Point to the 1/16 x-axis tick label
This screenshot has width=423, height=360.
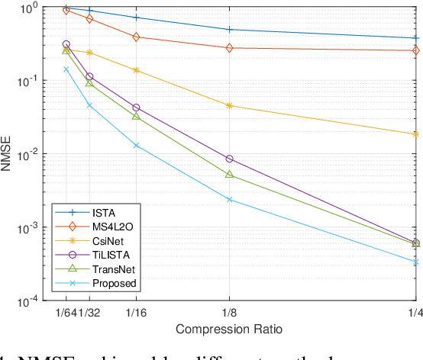(136, 313)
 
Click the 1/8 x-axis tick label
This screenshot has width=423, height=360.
(229, 313)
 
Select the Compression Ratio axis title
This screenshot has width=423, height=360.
(229, 329)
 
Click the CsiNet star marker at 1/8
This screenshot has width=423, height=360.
(229, 105)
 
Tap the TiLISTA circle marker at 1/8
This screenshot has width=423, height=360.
(229, 159)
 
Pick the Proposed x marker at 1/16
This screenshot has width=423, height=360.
(136, 145)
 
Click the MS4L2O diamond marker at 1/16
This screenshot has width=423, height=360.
(136, 37)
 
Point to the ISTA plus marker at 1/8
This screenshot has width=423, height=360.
(229, 30)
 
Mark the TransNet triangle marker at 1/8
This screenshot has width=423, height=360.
(229, 175)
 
